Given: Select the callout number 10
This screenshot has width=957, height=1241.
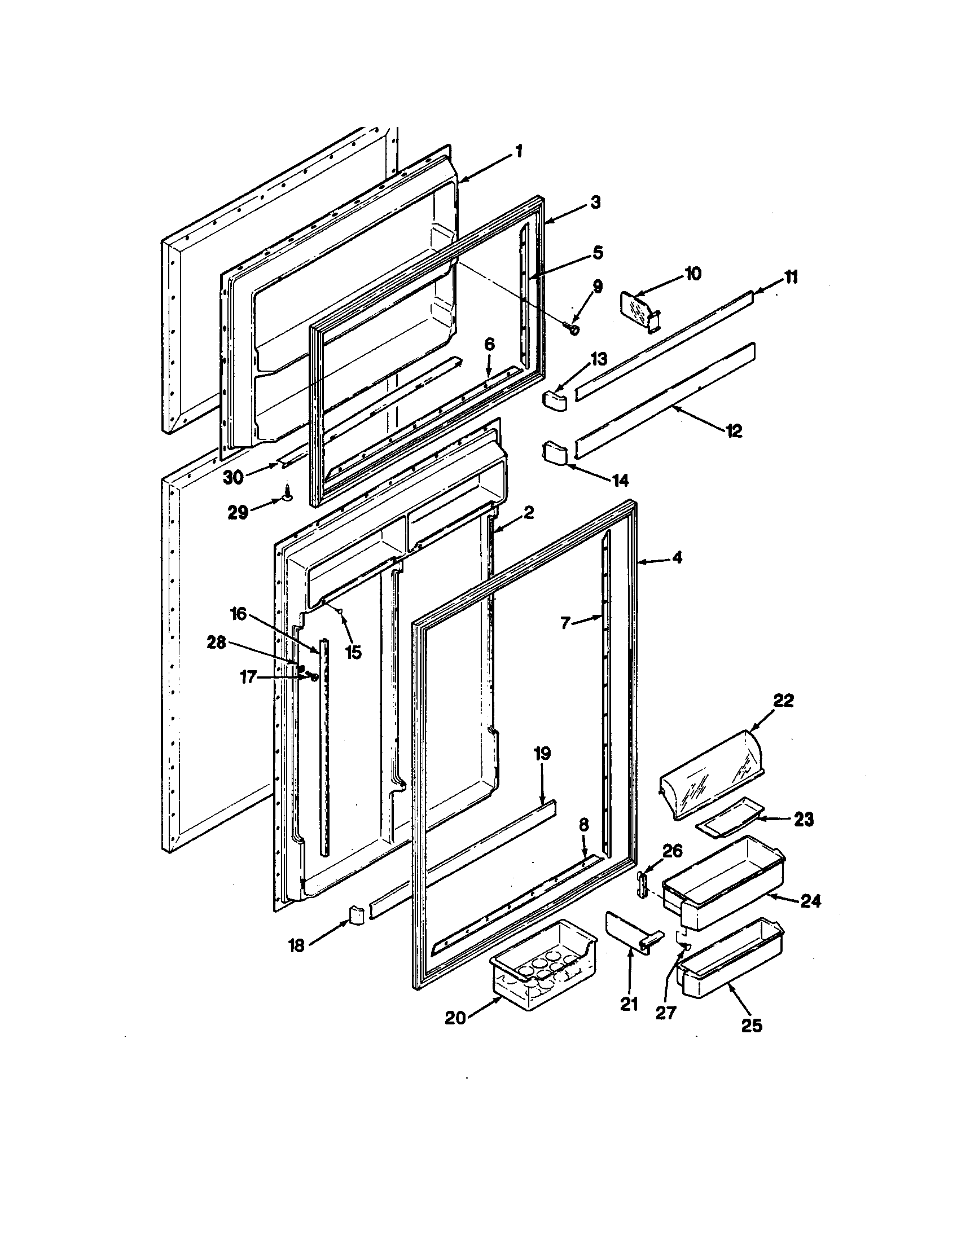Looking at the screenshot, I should click(x=693, y=274).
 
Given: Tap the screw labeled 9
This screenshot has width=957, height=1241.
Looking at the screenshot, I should click(x=573, y=329).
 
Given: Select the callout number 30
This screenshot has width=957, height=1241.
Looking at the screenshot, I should click(x=233, y=478).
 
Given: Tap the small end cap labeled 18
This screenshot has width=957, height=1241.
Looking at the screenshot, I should click(x=355, y=916).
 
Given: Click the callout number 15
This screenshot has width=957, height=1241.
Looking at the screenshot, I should click(x=353, y=652).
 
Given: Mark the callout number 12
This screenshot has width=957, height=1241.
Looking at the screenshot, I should click(x=734, y=432).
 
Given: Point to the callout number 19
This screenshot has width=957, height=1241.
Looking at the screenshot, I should click(x=542, y=754).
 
